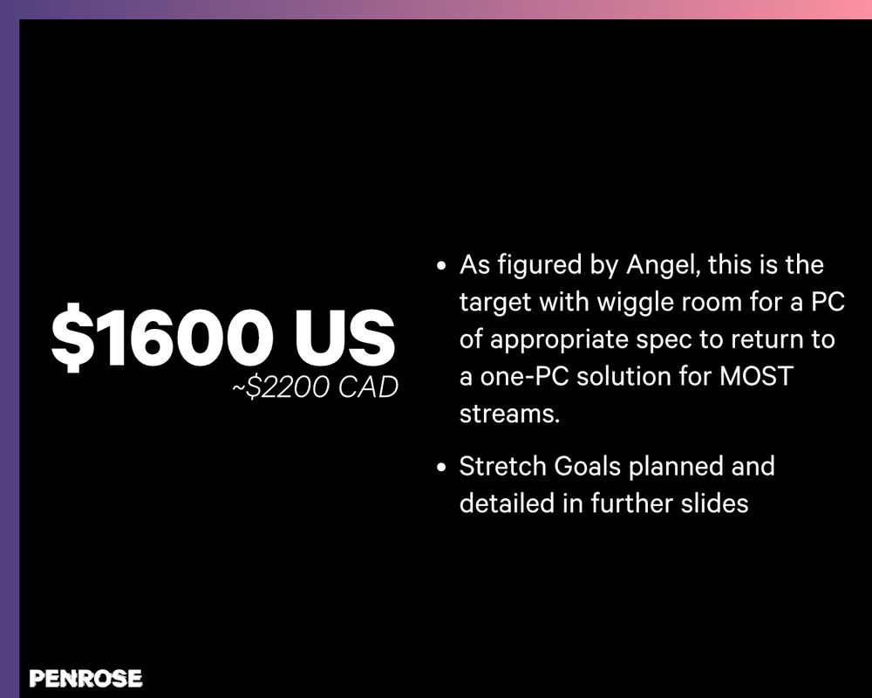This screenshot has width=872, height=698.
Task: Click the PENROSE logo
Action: click(x=85, y=678)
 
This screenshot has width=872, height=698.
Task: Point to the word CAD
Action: click(x=367, y=387)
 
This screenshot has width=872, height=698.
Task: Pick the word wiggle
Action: click(x=628, y=301)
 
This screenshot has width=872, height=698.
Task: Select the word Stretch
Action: click(x=503, y=466)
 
